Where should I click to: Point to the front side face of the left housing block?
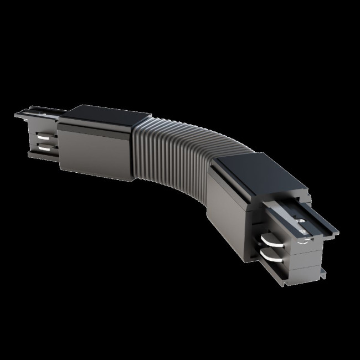pos(94,150)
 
